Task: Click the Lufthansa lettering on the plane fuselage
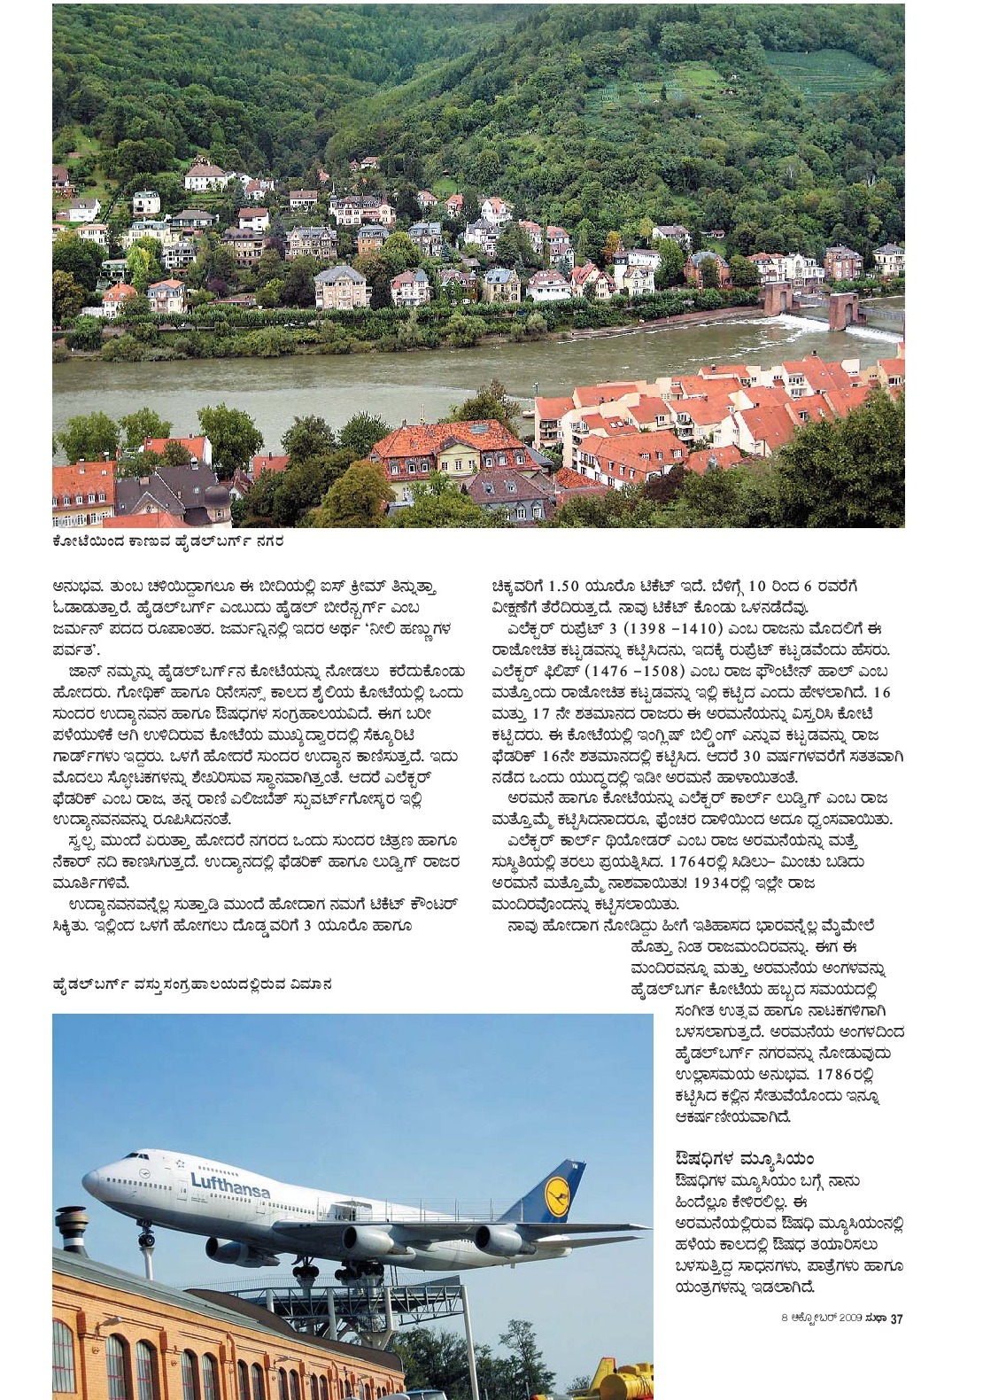230,1185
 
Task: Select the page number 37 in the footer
896,1318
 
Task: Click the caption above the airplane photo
192,984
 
